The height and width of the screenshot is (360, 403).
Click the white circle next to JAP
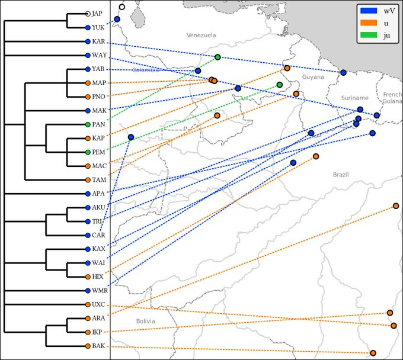[88, 13]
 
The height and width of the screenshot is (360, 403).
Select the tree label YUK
[98, 28]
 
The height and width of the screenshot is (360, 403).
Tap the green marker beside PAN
[88, 124]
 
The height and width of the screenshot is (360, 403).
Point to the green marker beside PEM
[88, 152]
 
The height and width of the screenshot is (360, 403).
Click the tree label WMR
[99, 291]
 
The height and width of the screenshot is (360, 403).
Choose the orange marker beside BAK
[88, 346]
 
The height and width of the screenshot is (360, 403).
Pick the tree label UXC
[98, 304]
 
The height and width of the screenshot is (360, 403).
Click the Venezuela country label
[201, 36]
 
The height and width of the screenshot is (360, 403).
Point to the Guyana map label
[313, 77]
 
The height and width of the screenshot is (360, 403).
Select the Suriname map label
[355, 98]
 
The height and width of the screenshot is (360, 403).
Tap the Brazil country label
[341, 175]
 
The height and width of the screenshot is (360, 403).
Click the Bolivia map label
[145, 322]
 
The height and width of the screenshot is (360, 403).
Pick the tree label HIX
[98, 277]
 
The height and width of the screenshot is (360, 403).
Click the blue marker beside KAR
[88, 41]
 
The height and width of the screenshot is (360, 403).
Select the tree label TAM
[98, 180]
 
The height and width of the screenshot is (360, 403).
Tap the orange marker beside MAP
[88, 83]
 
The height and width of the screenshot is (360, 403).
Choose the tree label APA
[98, 194]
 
